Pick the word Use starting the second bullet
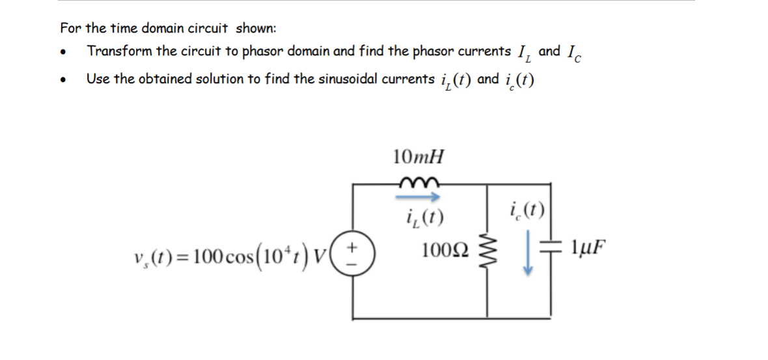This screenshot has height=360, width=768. tap(98, 79)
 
